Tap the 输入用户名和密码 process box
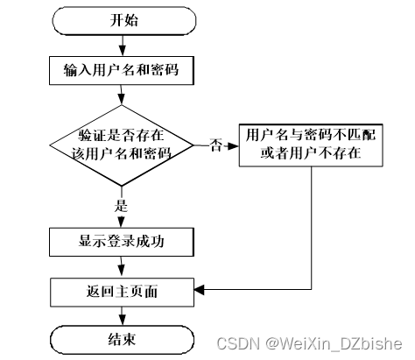122,67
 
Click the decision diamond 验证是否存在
122,145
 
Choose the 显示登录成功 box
122,239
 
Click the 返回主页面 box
122,290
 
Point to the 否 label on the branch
215,145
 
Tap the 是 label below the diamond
122,207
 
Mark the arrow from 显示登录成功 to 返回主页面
122,265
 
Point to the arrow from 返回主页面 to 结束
122,314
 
